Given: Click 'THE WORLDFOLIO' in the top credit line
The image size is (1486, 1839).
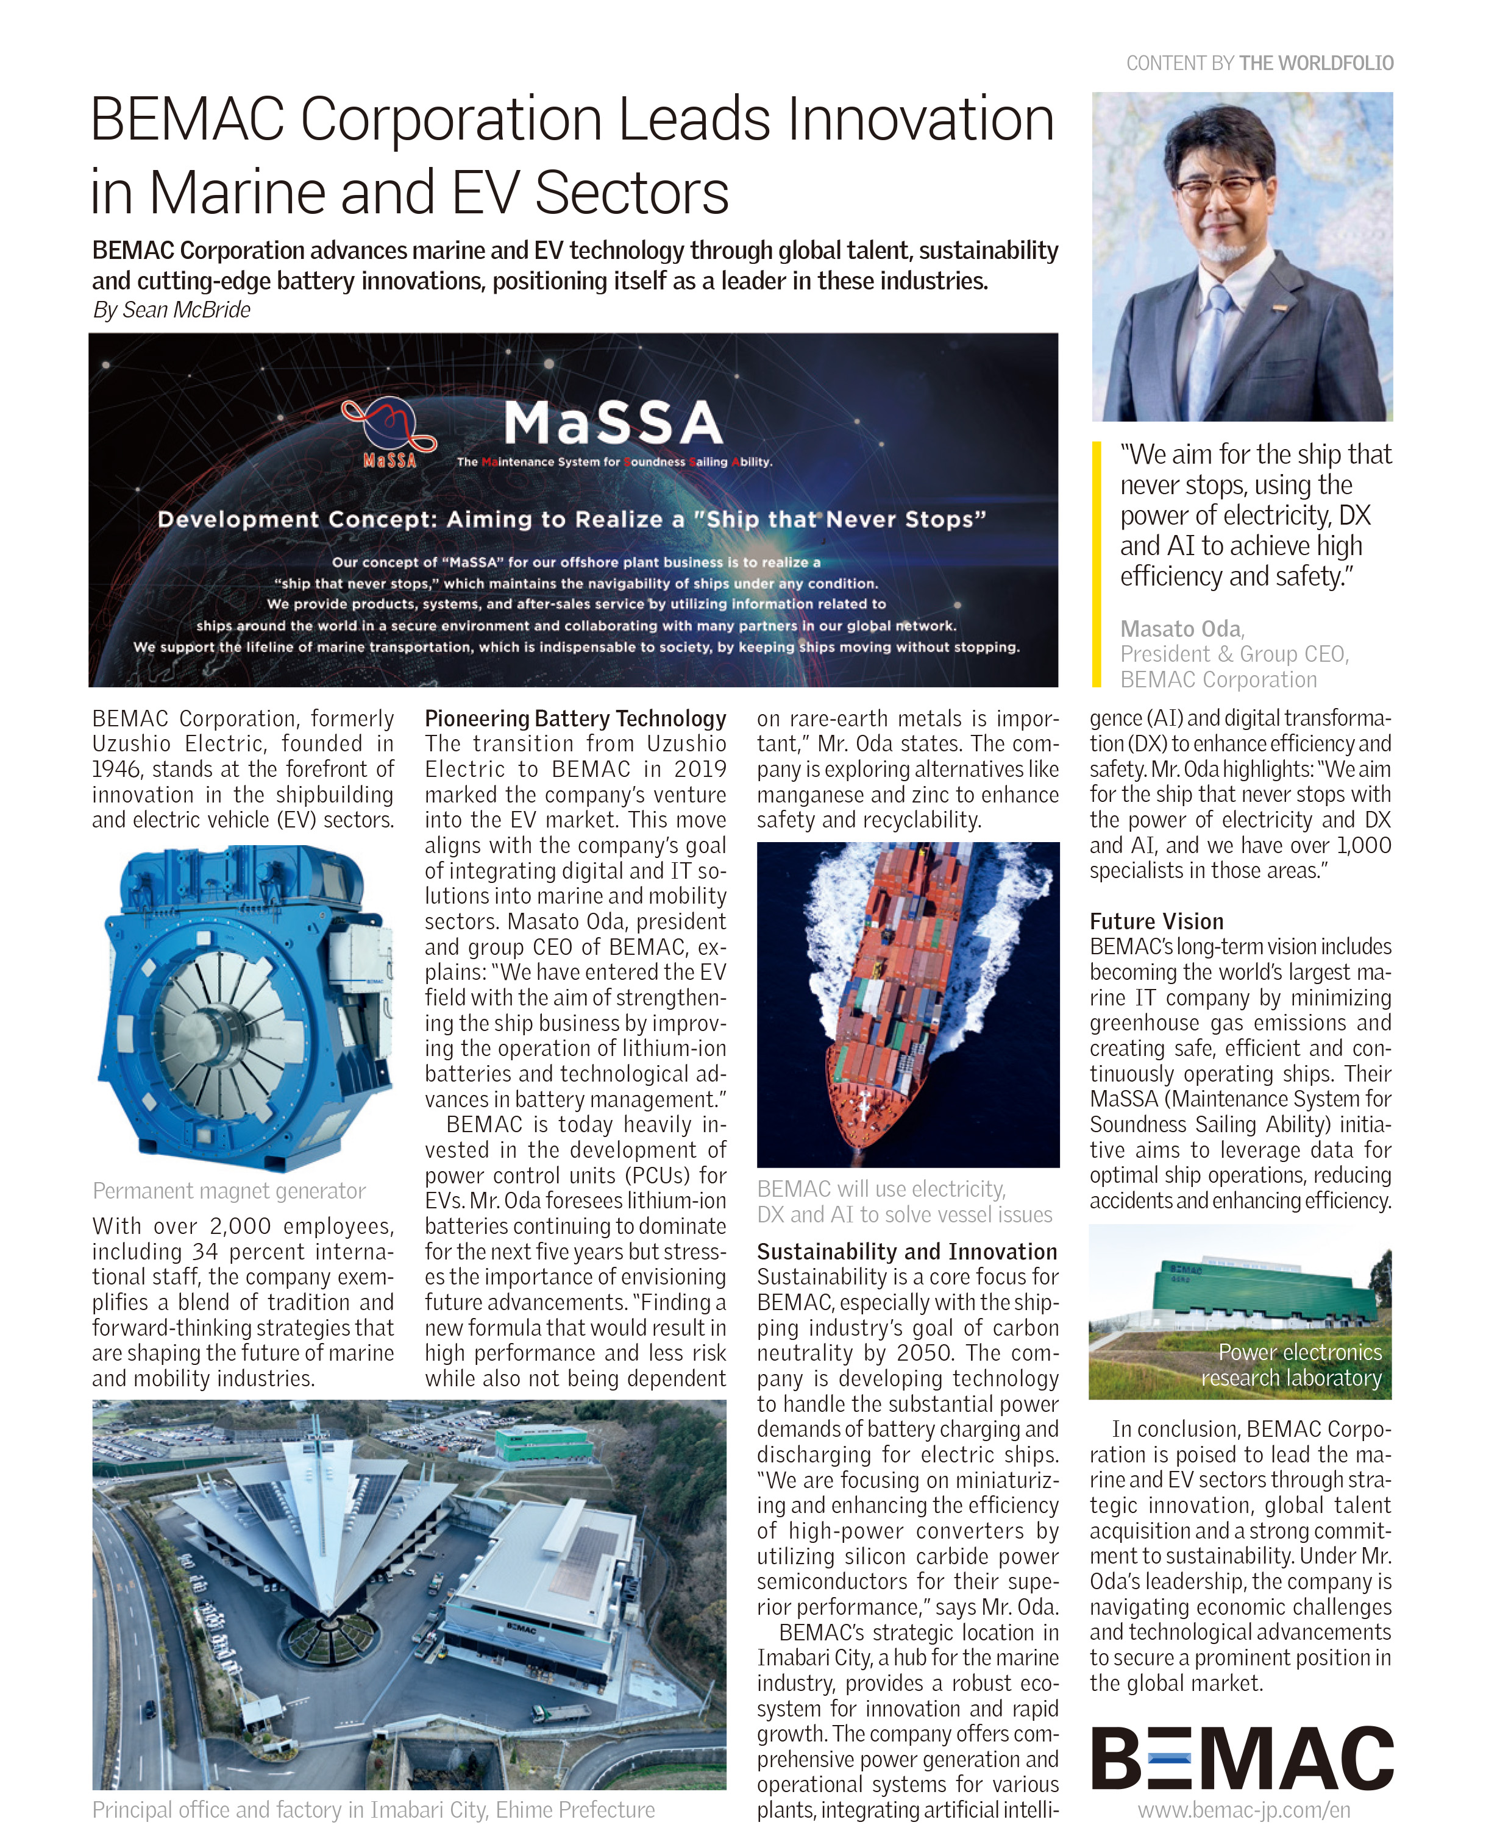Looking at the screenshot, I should click(x=1316, y=63).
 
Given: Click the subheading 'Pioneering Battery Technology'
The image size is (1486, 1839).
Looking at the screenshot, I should click(x=575, y=719).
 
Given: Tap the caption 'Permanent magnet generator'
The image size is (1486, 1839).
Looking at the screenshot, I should click(x=229, y=1191).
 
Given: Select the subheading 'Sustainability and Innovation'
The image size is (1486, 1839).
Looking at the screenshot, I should click(x=906, y=1252).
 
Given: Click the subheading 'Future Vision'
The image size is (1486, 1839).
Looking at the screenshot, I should click(x=1156, y=922).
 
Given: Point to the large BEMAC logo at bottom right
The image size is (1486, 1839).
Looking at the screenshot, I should click(x=1242, y=1758).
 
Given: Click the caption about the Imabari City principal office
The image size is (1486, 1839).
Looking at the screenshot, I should click(x=373, y=1810).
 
